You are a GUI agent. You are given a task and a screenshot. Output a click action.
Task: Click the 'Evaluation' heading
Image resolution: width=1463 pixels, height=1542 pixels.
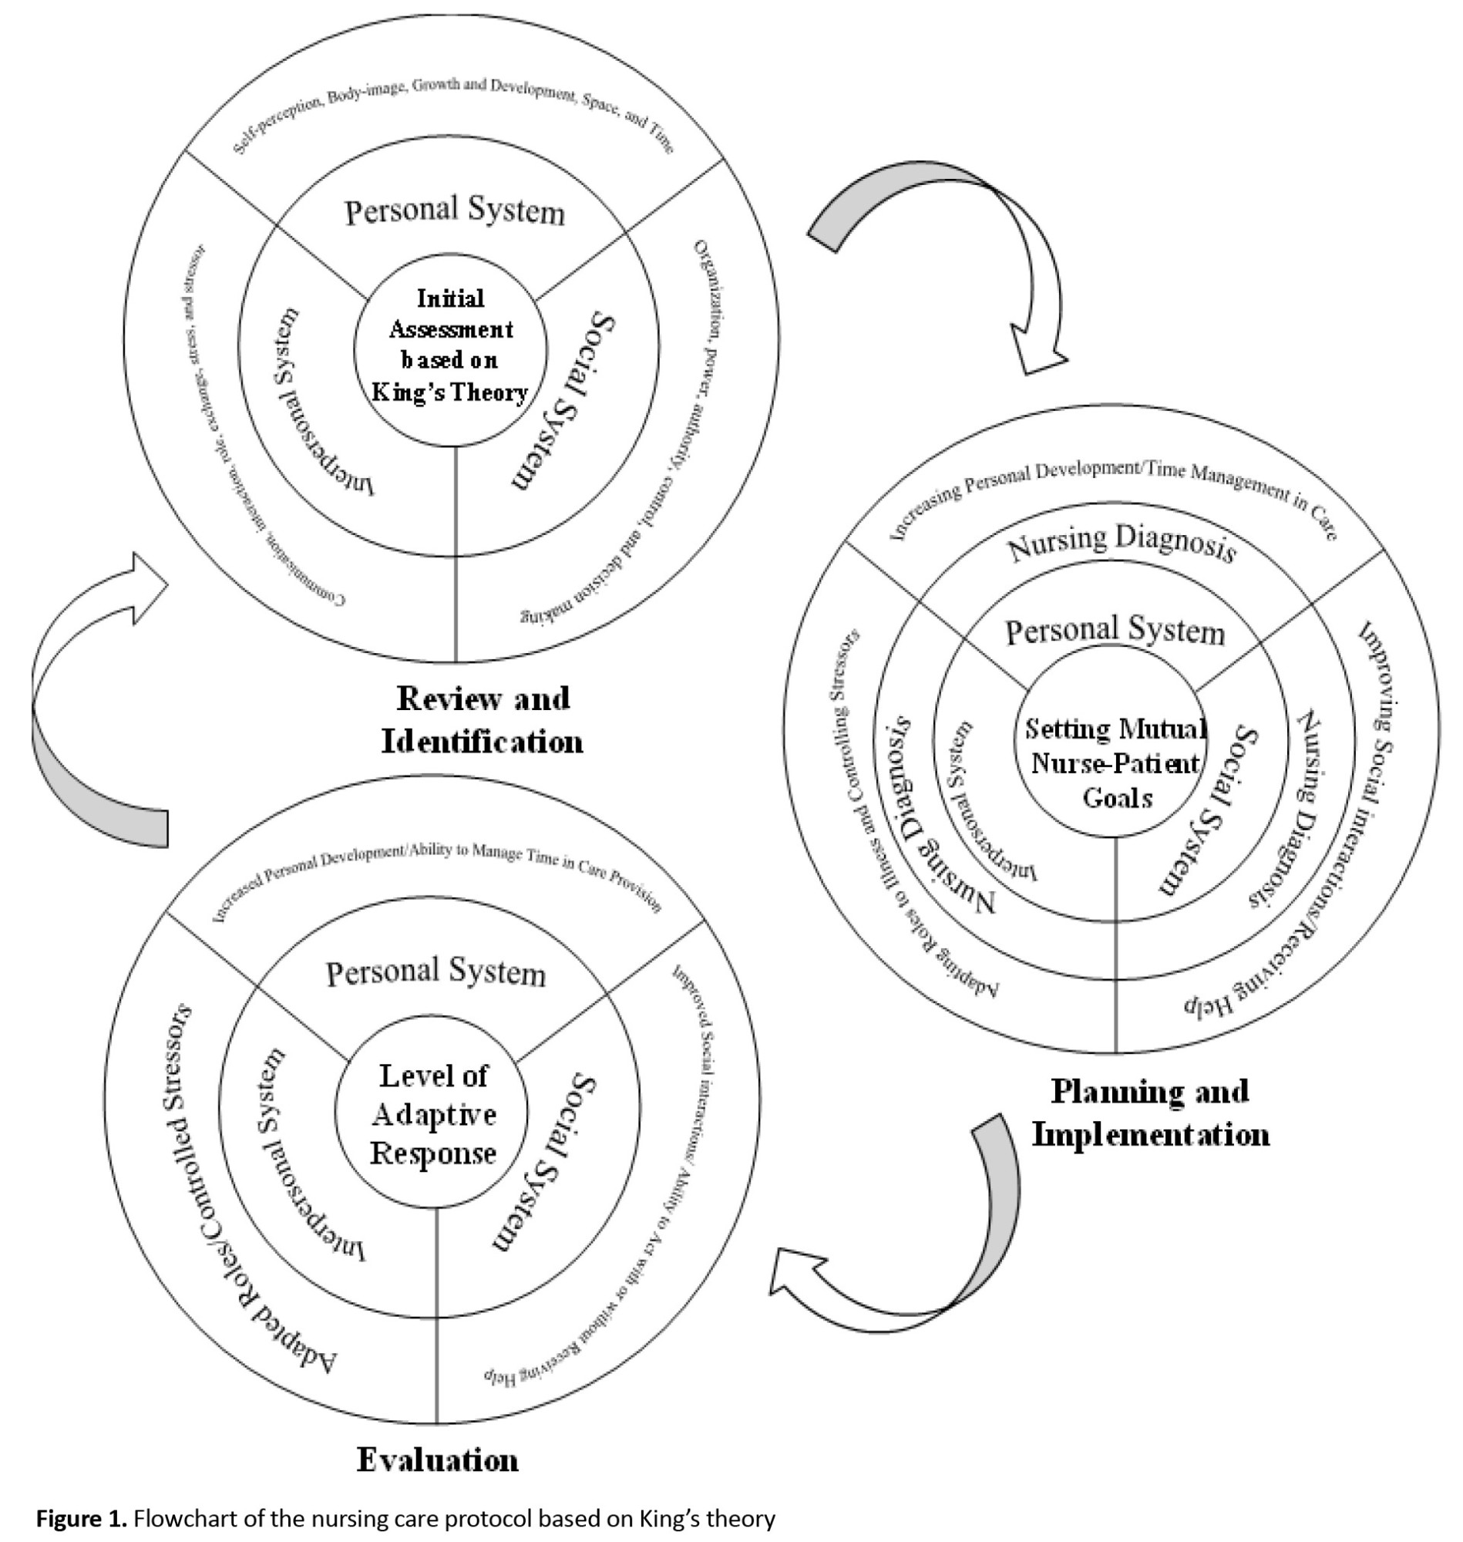pos(438,1460)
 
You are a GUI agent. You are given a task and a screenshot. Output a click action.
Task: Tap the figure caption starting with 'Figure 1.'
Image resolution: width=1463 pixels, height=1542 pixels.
pos(405,1519)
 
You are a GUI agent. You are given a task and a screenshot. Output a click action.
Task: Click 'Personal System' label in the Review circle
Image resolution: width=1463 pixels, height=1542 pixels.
pos(455,211)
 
